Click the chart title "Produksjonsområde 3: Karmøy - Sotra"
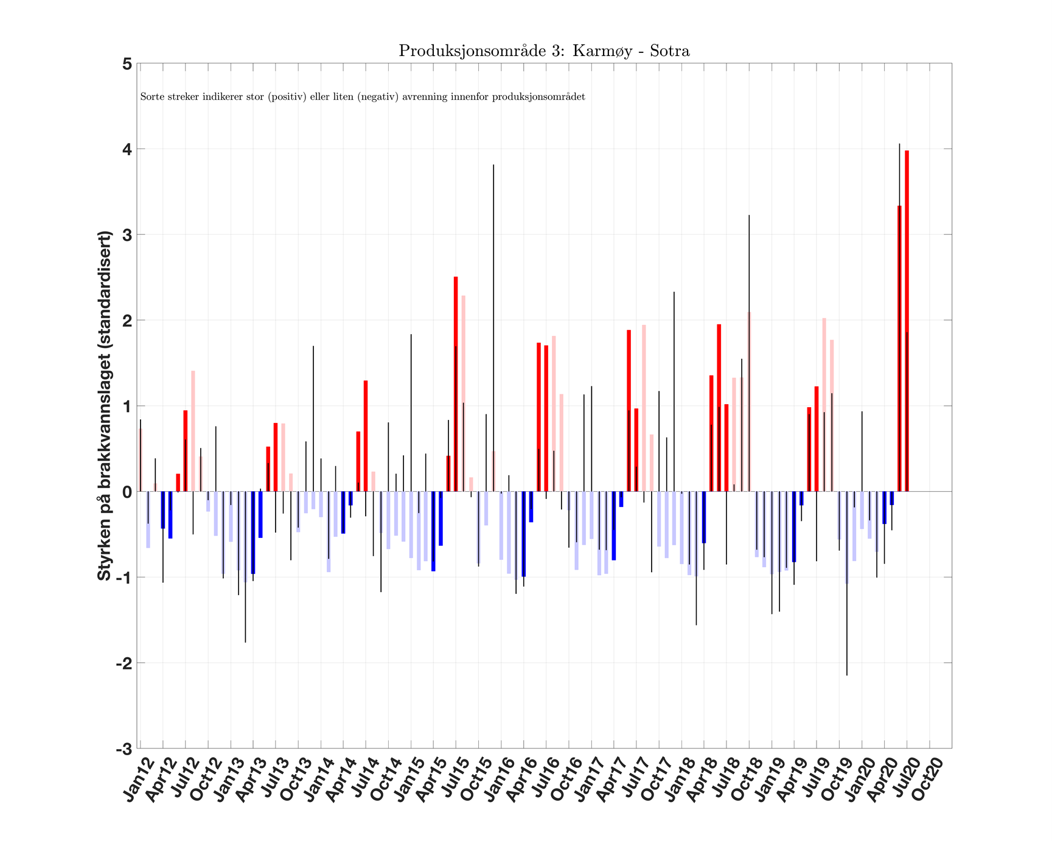[544, 51]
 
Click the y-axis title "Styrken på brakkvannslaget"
[105, 405]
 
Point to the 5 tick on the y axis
[127, 64]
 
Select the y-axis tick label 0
[127, 492]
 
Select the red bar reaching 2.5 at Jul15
[456, 384]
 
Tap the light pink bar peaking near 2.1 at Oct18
[749, 402]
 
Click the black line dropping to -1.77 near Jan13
[245, 578]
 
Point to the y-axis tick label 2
[127, 320]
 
